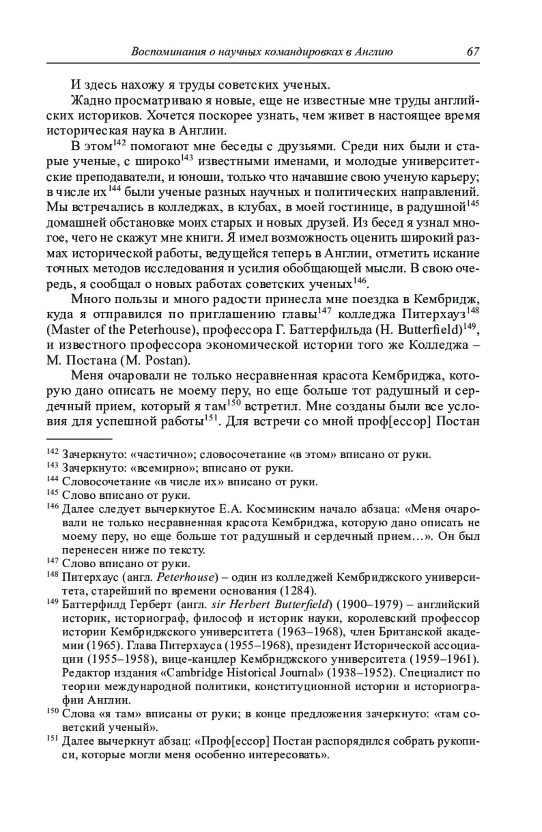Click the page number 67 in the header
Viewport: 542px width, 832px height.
472,51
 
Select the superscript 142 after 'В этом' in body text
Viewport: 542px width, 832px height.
118,143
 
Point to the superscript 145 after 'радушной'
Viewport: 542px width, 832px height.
473,204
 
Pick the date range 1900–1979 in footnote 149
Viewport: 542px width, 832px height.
365,604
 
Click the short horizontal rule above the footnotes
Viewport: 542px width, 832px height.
79,438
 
